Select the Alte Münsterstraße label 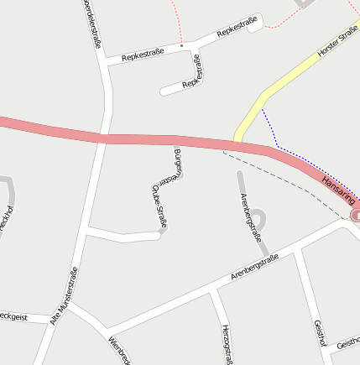coord(63,296)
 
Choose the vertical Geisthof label coord(318,332)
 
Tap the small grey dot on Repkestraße coord(181,45)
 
